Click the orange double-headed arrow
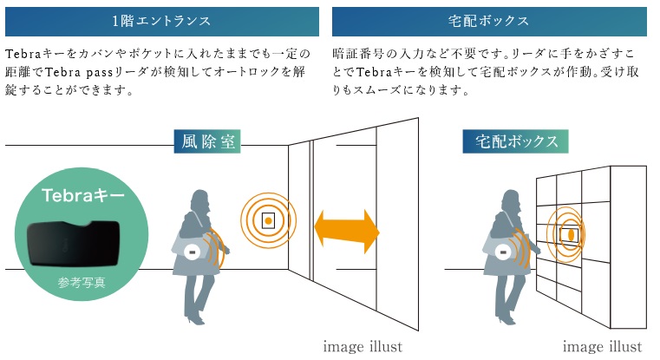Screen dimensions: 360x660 click(346, 230)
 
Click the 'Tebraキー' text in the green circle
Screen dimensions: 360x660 click(83, 196)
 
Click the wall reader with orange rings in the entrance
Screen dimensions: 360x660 click(269, 220)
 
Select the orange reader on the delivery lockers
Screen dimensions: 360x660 click(572, 233)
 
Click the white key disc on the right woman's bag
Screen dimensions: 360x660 click(501, 252)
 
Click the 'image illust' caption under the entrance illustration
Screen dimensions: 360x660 click(362, 347)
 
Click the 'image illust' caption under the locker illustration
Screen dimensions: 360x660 click(601, 347)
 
